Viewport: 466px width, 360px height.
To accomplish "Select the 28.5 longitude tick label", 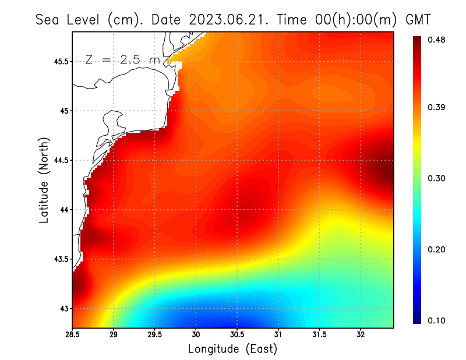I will point(73,335).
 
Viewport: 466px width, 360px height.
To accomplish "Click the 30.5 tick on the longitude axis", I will point(237,335).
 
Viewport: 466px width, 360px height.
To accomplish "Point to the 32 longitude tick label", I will point(361,335).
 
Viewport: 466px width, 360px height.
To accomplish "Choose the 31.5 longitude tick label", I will point(319,335).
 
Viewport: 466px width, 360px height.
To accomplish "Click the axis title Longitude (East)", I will point(232,349).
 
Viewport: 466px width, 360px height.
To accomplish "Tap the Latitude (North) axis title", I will point(44,179).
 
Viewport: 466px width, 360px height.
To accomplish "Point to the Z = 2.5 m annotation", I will point(122,59).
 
